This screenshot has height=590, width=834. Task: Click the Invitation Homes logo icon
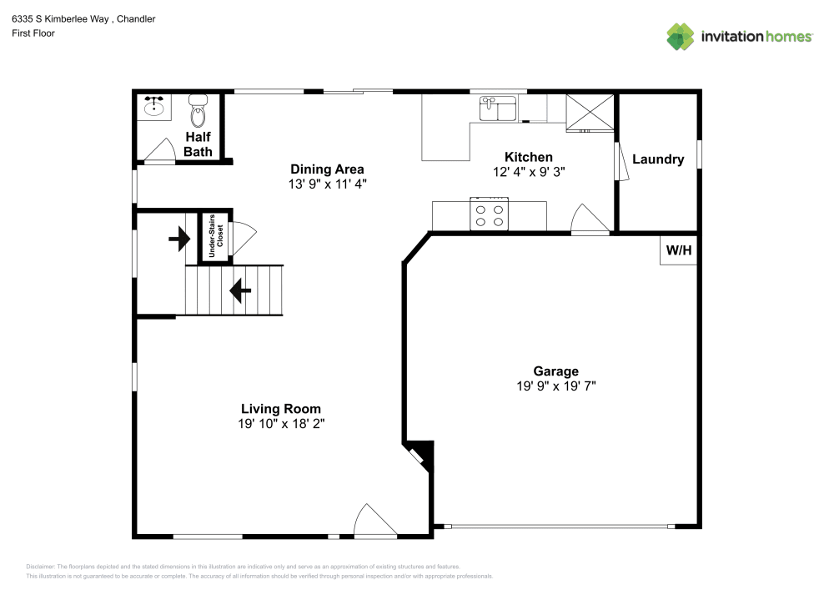[681, 37]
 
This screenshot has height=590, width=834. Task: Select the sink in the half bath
[153, 107]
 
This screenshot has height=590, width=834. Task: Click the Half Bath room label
[198, 144]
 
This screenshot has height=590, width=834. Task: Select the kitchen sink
[498, 108]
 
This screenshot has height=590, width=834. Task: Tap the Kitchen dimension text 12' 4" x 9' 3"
[528, 170]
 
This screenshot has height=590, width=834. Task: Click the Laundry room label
[657, 159]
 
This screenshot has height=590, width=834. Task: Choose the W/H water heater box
[677, 250]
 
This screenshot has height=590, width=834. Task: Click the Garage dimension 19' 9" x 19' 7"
[556, 386]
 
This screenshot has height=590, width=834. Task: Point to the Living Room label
[281, 409]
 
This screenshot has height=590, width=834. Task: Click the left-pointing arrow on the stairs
[240, 290]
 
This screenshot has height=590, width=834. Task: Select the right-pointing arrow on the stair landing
[179, 240]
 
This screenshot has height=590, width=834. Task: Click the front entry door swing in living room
[374, 521]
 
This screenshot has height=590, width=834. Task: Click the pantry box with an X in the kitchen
[590, 113]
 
